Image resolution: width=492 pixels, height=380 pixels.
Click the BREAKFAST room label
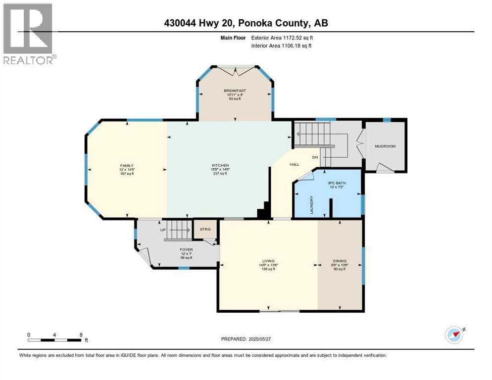235,91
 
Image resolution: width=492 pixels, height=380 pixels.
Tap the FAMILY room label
127,166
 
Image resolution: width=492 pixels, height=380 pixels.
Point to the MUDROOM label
385,146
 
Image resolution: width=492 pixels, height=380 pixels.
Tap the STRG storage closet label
204,229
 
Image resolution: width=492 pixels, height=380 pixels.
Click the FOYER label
186,250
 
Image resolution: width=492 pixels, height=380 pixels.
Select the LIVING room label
268,261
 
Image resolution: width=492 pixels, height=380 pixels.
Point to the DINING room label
340,261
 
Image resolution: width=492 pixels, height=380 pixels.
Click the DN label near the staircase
314,157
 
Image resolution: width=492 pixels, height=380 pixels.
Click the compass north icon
454,334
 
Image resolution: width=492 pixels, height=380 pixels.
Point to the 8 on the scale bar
81,334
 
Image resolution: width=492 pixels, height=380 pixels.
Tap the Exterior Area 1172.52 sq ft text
282,37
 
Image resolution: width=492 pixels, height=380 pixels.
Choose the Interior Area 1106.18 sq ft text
282,46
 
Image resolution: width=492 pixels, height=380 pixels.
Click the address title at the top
246,23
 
